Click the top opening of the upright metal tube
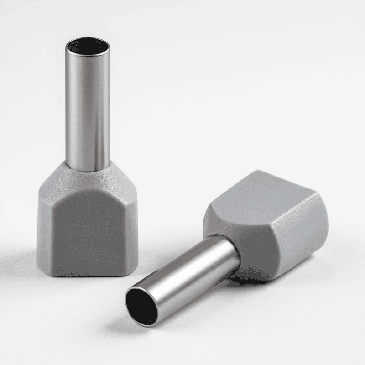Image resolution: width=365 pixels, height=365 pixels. pyautogui.click(x=87, y=46)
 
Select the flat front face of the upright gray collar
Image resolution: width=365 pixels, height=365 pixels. pyautogui.click(x=87, y=228)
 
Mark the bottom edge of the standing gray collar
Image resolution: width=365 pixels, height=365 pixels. pyautogui.click(x=87, y=275)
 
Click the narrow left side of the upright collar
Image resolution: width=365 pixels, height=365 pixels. pyautogui.click(x=43, y=228)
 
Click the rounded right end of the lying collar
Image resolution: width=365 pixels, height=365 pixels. pyautogui.click(x=319, y=228)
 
